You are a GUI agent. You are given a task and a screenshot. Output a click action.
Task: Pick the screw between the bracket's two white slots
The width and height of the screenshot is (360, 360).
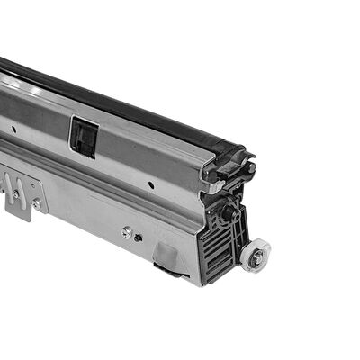15,191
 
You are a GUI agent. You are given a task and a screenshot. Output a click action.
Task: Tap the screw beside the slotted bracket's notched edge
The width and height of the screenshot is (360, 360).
35,205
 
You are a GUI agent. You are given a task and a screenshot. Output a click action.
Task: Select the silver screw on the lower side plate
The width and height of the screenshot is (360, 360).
127,231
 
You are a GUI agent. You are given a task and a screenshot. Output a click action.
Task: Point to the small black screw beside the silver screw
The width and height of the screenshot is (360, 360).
138,237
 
